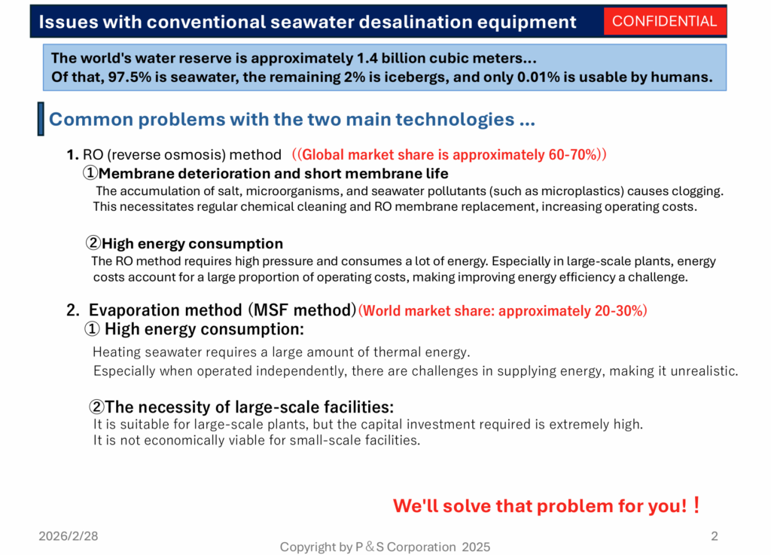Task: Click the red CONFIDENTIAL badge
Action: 664,21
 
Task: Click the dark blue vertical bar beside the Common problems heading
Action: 41,119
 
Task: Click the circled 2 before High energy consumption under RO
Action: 93,242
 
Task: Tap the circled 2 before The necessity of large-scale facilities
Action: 96,407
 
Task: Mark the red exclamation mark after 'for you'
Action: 696,505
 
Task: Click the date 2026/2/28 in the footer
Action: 69,536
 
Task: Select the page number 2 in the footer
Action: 715,536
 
